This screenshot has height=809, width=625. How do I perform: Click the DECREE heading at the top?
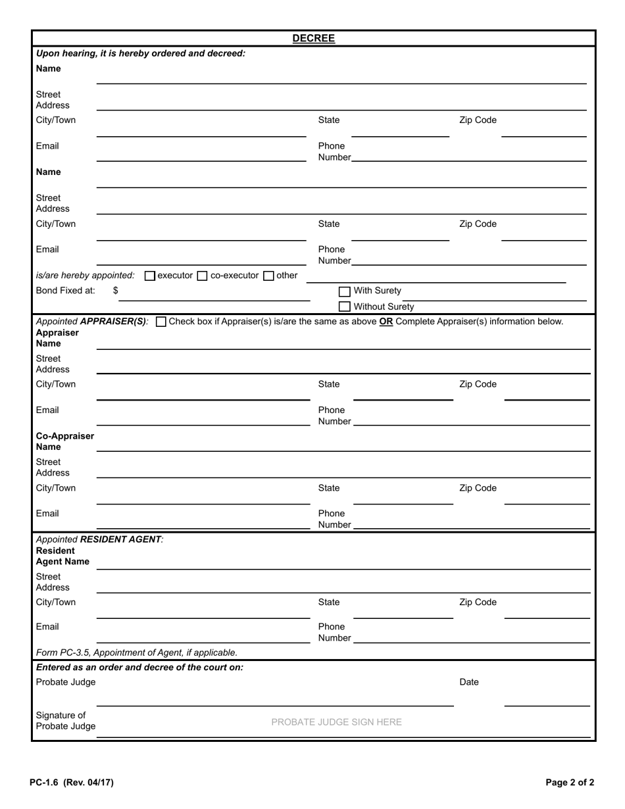[313, 38]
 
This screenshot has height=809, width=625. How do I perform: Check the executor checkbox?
[149, 276]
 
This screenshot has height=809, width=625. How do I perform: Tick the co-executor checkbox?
[203, 276]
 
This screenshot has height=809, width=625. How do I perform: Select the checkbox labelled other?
[268, 276]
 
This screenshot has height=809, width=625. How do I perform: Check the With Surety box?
[344, 291]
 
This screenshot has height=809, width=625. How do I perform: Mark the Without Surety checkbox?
[344, 306]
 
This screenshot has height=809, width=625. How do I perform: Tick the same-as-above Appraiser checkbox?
[161, 322]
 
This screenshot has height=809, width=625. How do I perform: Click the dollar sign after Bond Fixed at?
[116, 290]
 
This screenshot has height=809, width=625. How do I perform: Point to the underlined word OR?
[386, 322]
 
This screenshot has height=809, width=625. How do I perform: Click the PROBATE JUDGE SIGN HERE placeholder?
[336, 722]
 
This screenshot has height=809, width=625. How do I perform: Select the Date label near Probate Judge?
[468, 682]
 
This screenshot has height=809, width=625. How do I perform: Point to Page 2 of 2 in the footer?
[570, 783]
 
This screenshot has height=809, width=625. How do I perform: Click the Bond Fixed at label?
[65, 290]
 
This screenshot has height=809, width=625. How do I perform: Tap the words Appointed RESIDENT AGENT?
[99, 539]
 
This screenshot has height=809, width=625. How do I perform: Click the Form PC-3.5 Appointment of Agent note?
[137, 652]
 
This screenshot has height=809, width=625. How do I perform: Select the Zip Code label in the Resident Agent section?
[478, 602]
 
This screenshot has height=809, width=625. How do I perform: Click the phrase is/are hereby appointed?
[85, 276]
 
